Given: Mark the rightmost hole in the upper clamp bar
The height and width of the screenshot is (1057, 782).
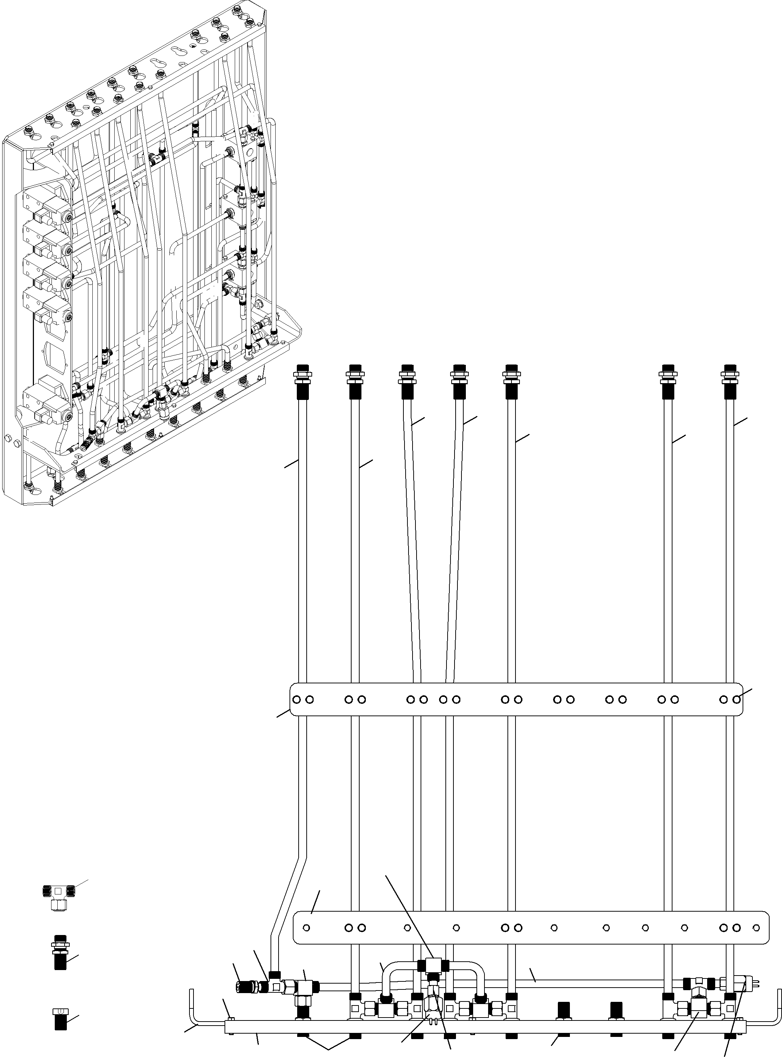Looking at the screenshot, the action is tap(737, 699).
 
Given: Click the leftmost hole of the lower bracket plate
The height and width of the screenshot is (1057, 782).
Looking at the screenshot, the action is tap(306, 927).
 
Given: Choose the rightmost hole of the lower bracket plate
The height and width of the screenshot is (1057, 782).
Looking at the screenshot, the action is tap(756, 927).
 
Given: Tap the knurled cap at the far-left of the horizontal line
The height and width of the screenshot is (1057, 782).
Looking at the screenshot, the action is tap(243, 987).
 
